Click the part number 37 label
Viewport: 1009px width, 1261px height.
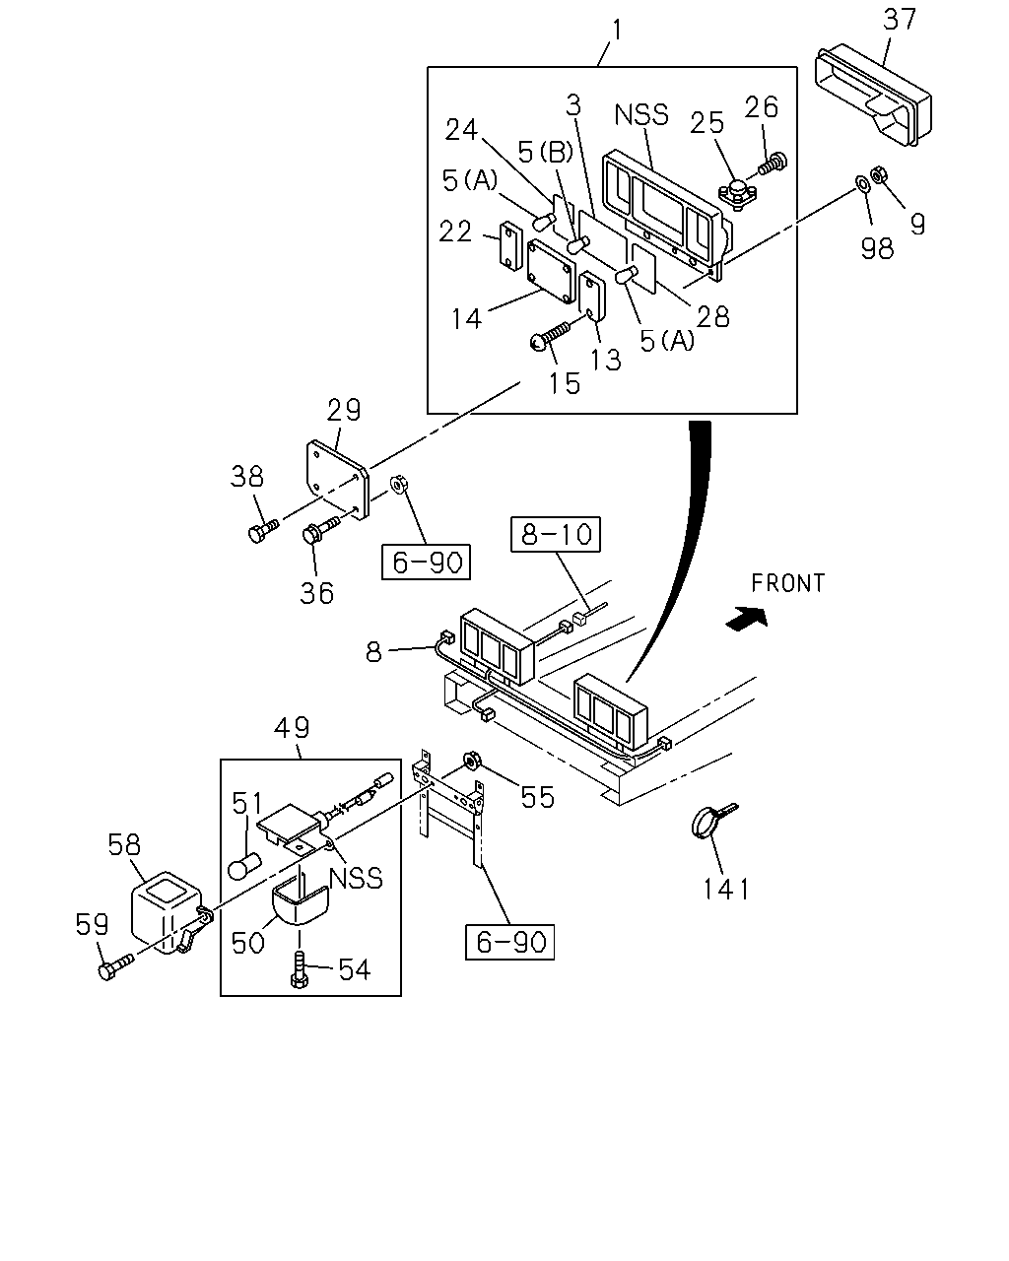click(900, 20)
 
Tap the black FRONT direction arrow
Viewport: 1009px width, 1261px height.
click(747, 619)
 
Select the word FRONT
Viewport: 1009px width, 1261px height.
click(788, 583)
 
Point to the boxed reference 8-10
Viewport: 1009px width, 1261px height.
click(556, 534)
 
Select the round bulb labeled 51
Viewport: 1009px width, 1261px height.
click(244, 867)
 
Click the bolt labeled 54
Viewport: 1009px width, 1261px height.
click(299, 970)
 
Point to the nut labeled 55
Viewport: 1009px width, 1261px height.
click(470, 762)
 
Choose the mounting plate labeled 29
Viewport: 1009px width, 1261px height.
click(338, 480)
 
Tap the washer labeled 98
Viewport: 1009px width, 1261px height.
click(863, 183)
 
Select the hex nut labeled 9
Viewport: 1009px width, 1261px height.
click(880, 174)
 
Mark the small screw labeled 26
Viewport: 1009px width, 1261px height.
click(774, 163)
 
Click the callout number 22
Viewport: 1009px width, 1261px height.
click(455, 232)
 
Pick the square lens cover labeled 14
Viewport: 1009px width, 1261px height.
click(551, 271)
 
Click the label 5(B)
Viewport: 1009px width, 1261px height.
click(545, 153)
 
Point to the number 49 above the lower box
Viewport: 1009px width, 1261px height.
click(292, 727)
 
